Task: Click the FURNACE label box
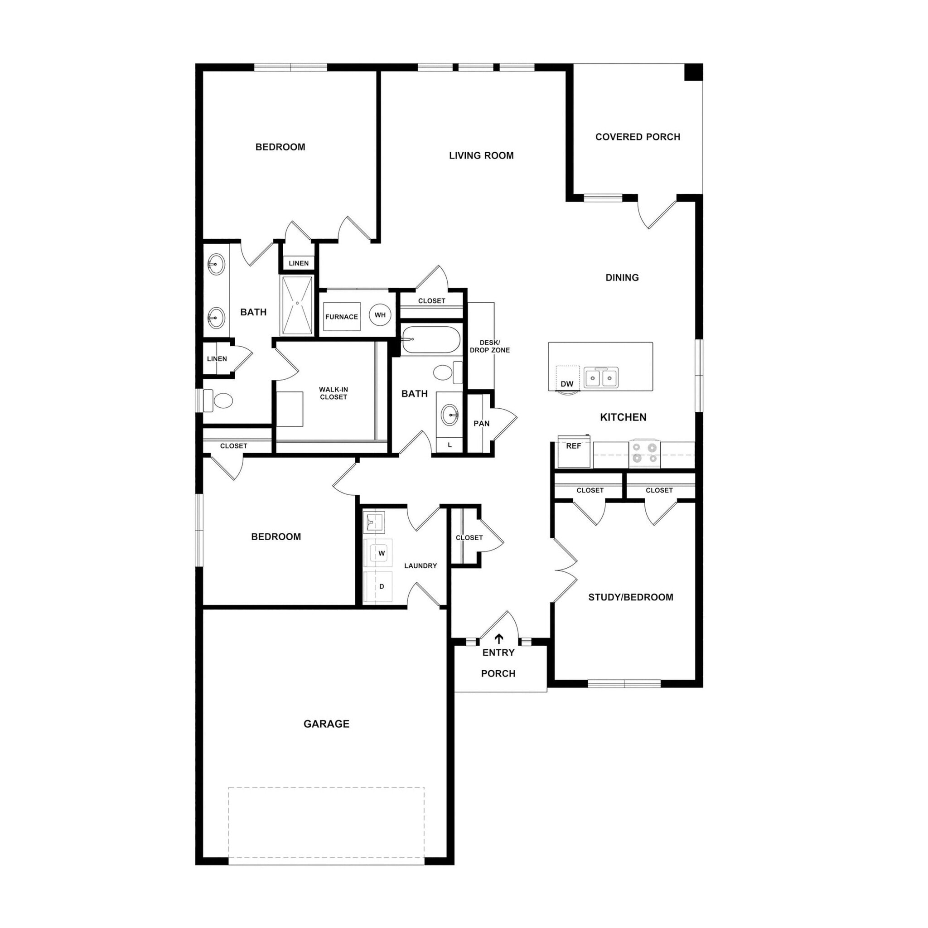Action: pos(342,317)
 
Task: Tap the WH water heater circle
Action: pos(380,315)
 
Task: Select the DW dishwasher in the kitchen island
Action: pos(567,379)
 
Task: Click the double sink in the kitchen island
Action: pos(601,377)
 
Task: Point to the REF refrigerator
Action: pos(574,451)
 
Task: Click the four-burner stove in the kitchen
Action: pos(645,453)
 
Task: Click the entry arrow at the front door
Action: pos(499,638)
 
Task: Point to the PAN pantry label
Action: pos(481,423)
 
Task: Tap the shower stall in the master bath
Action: pos(297,305)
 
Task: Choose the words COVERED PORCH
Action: pos(638,137)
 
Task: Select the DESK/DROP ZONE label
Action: pos(489,346)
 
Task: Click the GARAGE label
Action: pos(326,724)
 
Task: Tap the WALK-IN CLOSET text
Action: pos(333,393)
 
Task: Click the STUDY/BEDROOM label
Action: pos(630,597)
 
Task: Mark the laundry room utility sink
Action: pos(373,522)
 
